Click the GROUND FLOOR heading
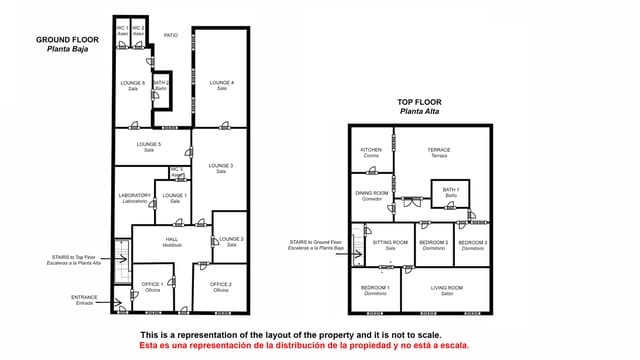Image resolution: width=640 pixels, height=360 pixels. click(67, 41)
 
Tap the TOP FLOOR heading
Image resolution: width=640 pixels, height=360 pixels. click(419, 102)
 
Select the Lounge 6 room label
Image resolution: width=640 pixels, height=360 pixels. click(133, 83)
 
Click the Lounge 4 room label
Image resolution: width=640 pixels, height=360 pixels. click(221, 83)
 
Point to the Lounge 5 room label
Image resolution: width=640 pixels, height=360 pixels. click(148, 146)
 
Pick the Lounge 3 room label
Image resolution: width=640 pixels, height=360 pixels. click(221, 166)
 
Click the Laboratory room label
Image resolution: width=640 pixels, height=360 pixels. click(134, 196)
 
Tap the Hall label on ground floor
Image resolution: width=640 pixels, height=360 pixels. click(171, 240)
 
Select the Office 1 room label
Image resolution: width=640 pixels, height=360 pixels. click(152, 285)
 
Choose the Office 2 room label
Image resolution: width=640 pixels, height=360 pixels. click(221, 285)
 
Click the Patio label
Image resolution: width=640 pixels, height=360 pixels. click(170, 35)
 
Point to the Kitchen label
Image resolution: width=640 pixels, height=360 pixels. click(371, 151)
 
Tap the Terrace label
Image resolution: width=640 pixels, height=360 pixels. click(439, 151)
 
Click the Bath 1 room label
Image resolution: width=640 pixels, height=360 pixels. click(450, 190)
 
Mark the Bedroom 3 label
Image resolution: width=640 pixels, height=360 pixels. click(473, 243)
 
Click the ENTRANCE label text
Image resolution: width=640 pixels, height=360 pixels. click(84, 298)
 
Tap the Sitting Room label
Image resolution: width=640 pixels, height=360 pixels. click(391, 243)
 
